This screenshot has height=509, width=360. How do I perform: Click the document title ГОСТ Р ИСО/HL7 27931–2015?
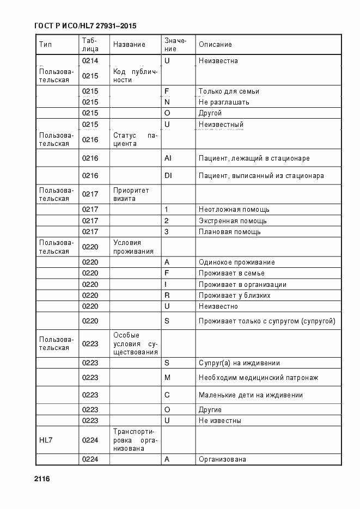pyautogui.click(x=85, y=26)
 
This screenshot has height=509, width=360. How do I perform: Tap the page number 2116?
pyautogui.click(x=42, y=479)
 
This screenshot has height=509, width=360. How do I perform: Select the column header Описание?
pyautogui.click(x=215, y=44)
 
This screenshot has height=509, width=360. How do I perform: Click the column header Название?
pyautogui.click(x=129, y=44)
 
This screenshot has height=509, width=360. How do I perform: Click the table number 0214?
pyautogui.click(x=90, y=60)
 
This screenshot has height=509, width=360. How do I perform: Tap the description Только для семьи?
pyautogui.click(x=229, y=91)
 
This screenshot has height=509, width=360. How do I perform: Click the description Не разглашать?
pyautogui.click(x=224, y=102)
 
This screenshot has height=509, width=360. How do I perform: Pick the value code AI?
pyautogui.click(x=168, y=158)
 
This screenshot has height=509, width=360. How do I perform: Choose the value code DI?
pyautogui.click(x=168, y=175)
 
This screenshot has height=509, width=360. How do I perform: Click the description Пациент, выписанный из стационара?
pyautogui.click(x=261, y=175)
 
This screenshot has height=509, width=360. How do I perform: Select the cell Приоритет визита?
pyautogui.click(x=131, y=194)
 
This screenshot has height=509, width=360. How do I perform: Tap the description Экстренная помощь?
pyautogui.click(x=233, y=220)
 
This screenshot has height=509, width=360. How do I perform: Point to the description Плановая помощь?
pyautogui.click(x=229, y=231)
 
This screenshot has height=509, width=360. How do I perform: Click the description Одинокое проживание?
pyautogui.click(x=236, y=262)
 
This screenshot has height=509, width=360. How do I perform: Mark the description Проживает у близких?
pyautogui.click(x=234, y=295)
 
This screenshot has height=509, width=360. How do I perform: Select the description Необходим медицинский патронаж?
pyautogui.click(x=258, y=377)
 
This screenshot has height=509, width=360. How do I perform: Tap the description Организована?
pyautogui.click(x=222, y=459)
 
